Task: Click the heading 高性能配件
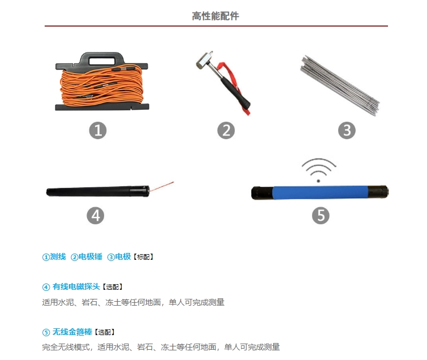click(x=215, y=16)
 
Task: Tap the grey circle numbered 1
click(x=98, y=130)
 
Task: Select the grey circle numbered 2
click(x=226, y=130)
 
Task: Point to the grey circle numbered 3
click(x=347, y=130)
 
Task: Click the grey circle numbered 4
click(x=96, y=216)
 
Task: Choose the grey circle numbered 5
click(x=321, y=216)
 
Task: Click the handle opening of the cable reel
click(x=102, y=61)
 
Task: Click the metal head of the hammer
click(x=204, y=61)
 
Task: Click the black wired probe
click(x=98, y=191)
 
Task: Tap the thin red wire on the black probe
click(x=161, y=187)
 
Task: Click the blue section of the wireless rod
click(x=320, y=192)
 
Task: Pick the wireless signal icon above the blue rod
click(x=318, y=170)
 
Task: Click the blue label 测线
click(x=58, y=257)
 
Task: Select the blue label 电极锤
click(x=90, y=257)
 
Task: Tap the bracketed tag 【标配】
click(x=143, y=257)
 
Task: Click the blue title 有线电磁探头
click(x=76, y=286)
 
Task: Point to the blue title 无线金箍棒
click(x=72, y=332)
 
